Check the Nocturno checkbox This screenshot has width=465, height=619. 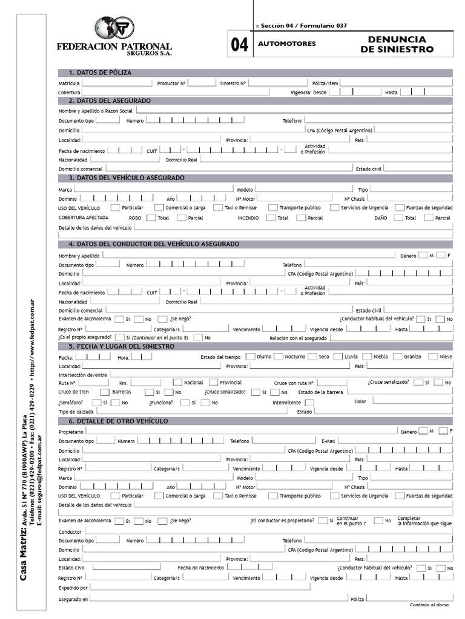(278, 357)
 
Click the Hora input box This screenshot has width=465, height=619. (142, 357)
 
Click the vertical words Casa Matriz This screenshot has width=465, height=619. (24, 554)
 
